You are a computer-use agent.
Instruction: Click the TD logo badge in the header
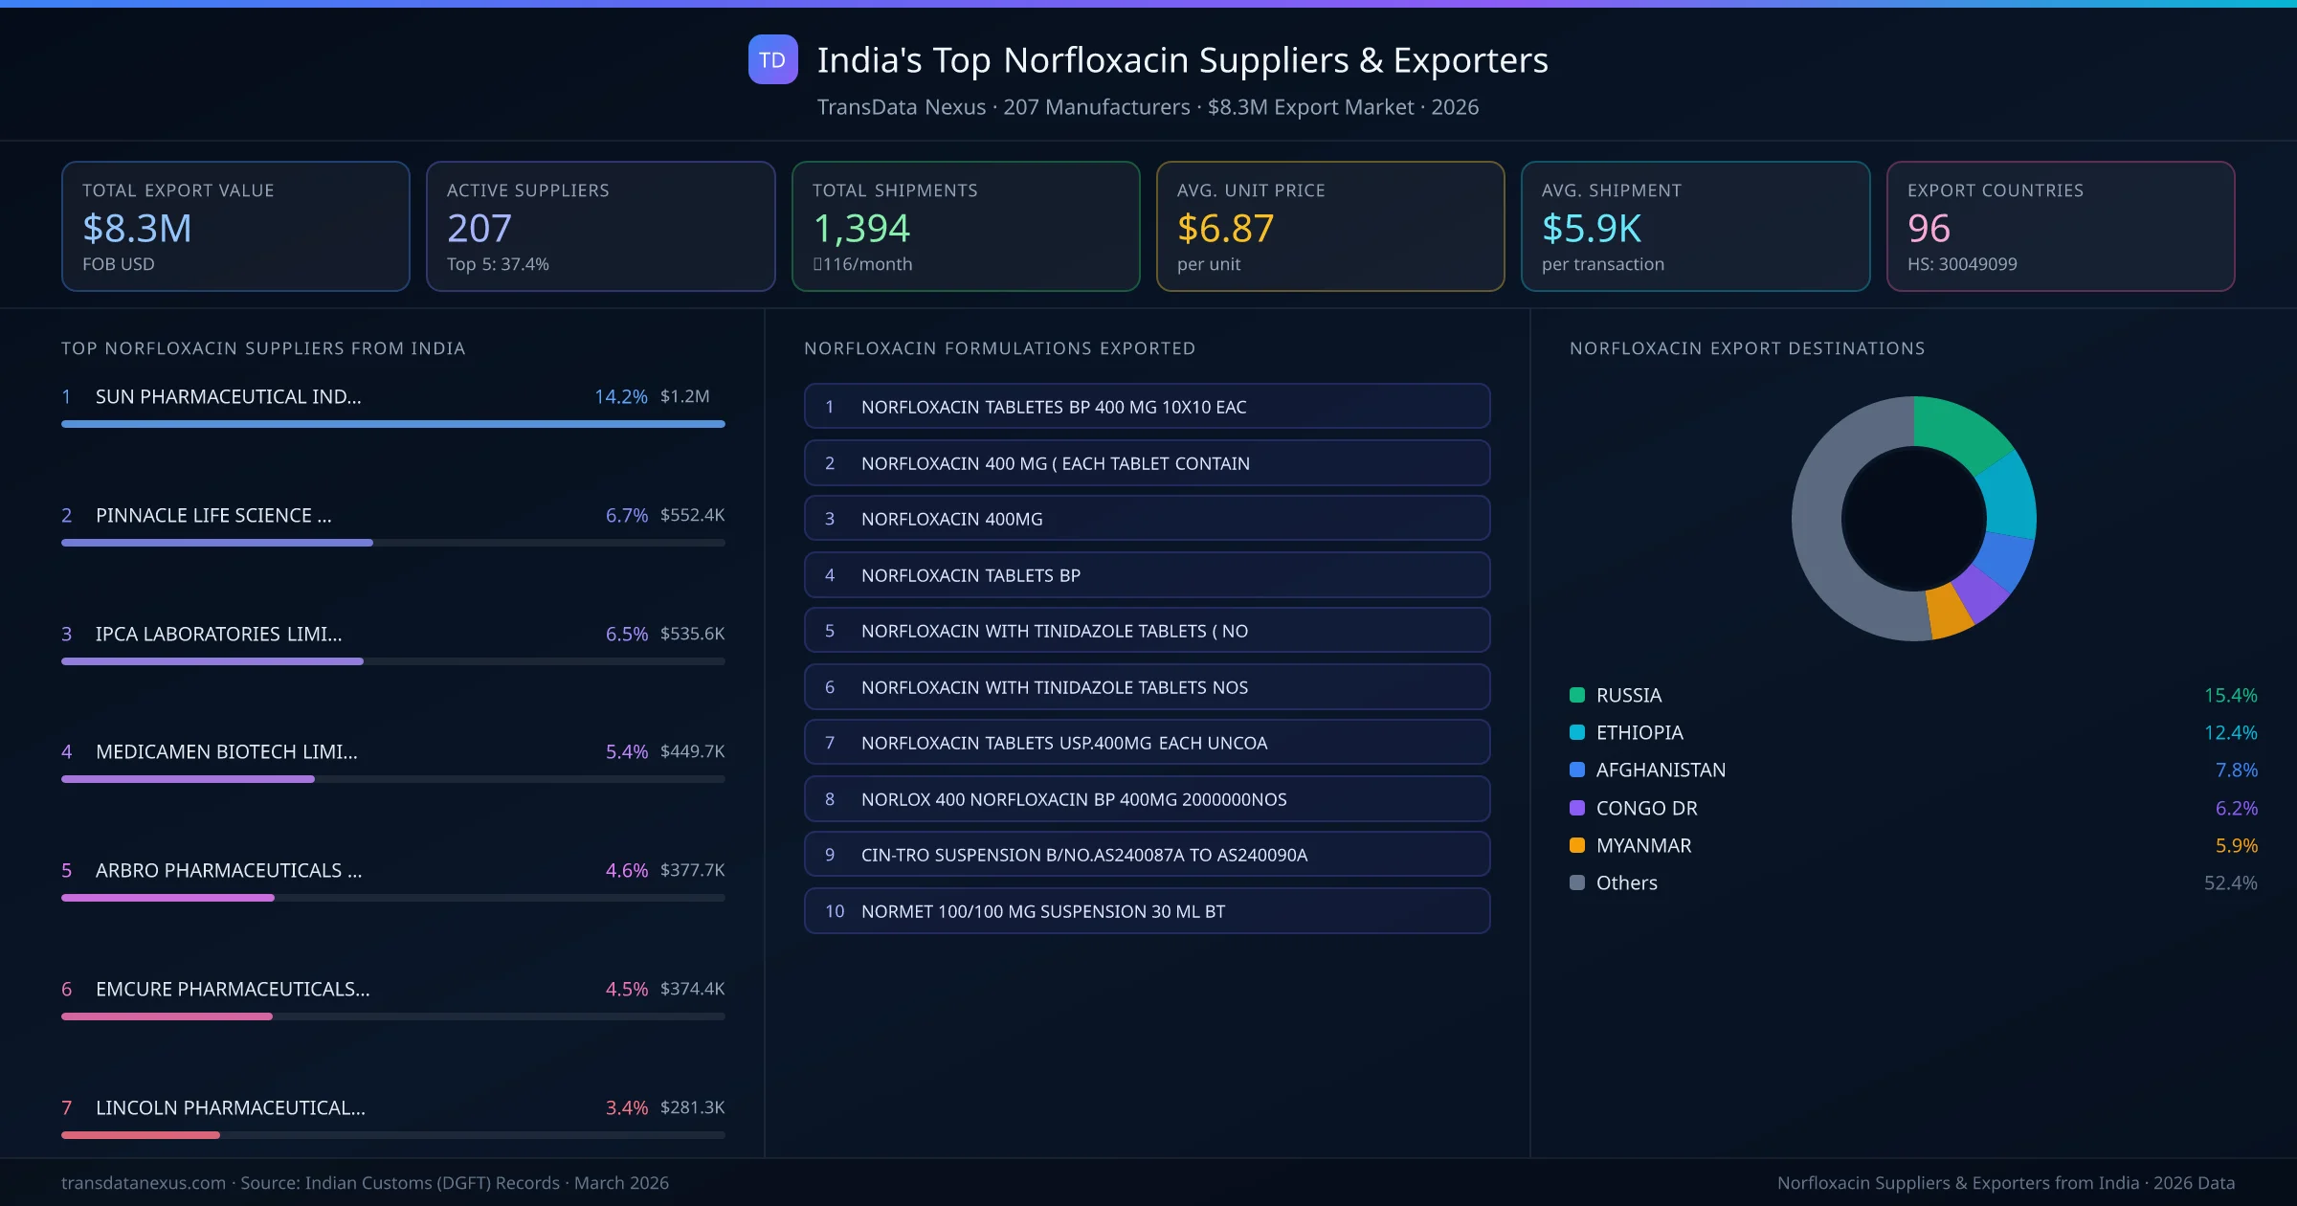pyautogui.click(x=772, y=59)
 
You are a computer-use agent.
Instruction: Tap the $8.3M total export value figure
pyautogui.click(x=137, y=229)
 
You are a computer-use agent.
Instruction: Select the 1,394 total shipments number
pyautogui.click(x=861, y=229)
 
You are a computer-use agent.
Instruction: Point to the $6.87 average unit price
pyautogui.click(x=1225, y=229)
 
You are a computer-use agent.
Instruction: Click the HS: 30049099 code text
pyautogui.click(x=1962, y=264)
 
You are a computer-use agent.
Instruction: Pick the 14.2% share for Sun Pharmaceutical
pyautogui.click(x=620, y=396)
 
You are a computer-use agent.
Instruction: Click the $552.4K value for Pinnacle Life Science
pyautogui.click(x=692, y=515)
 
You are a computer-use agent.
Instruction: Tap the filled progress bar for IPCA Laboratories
pyautogui.click(x=212, y=661)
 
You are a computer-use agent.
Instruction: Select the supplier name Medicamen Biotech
pyautogui.click(x=227, y=751)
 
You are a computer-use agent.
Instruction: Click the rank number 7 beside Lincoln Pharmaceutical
pyautogui.click(x=67, y=1107)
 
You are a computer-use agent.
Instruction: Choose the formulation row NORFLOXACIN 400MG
pyautogui.click(x=1147, y=519)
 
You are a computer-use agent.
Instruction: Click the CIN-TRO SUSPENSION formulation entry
pyautogui.click(x=1147, y=855)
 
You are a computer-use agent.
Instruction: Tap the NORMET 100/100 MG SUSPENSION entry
pyautogui.click(x=1147, y=911)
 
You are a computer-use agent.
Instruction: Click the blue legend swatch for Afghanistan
pyautogui.click(x=1577, y=770)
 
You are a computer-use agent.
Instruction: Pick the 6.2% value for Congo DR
pyautogui.click(x=2236, y=808)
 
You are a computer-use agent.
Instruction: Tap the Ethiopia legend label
pyautogui.click(x=1639, y=732)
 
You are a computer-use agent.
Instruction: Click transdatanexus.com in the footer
pyautogui.click(x=144, y=1183)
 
